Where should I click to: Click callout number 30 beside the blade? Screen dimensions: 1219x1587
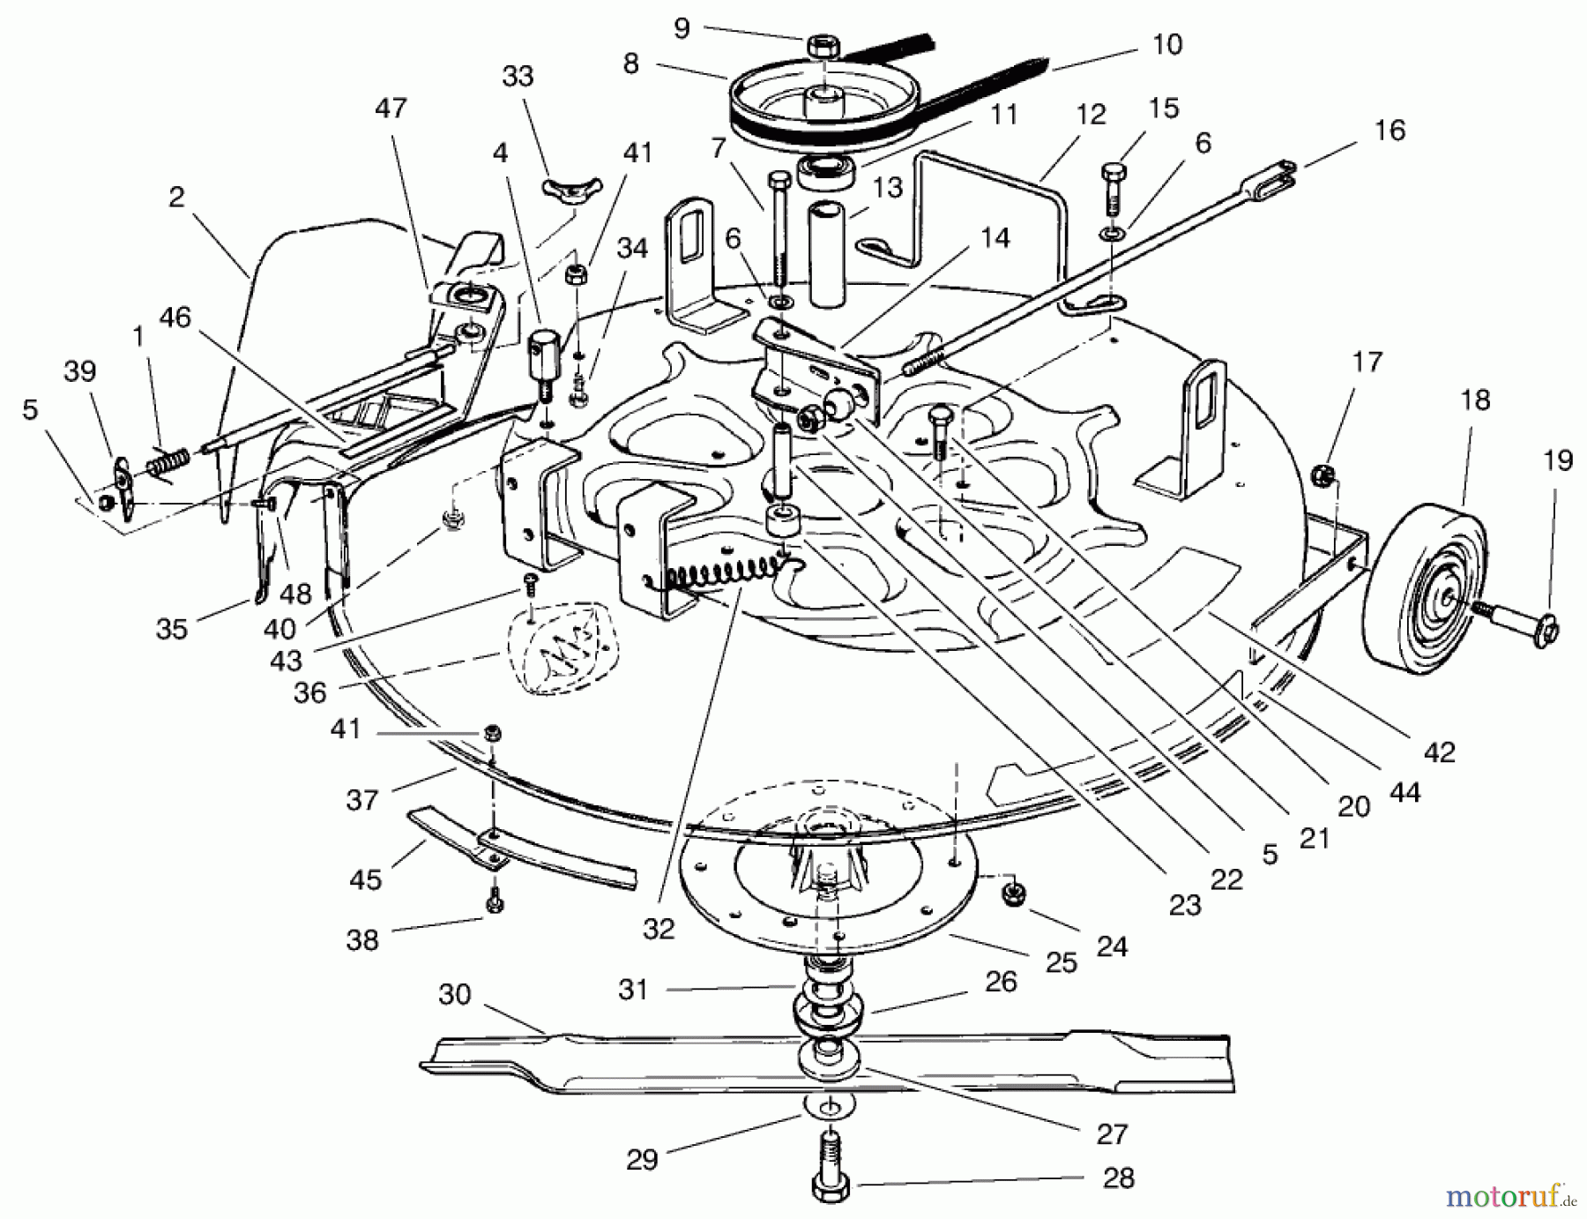point(455,994)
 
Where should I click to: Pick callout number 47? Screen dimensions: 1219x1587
point(391,108)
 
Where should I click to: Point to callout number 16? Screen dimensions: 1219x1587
point(1390,131)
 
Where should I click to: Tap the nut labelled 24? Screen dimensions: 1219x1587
point(1012,894)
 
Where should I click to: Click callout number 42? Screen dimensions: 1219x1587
point(1439,752)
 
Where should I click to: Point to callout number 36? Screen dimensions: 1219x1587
point(309,692)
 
